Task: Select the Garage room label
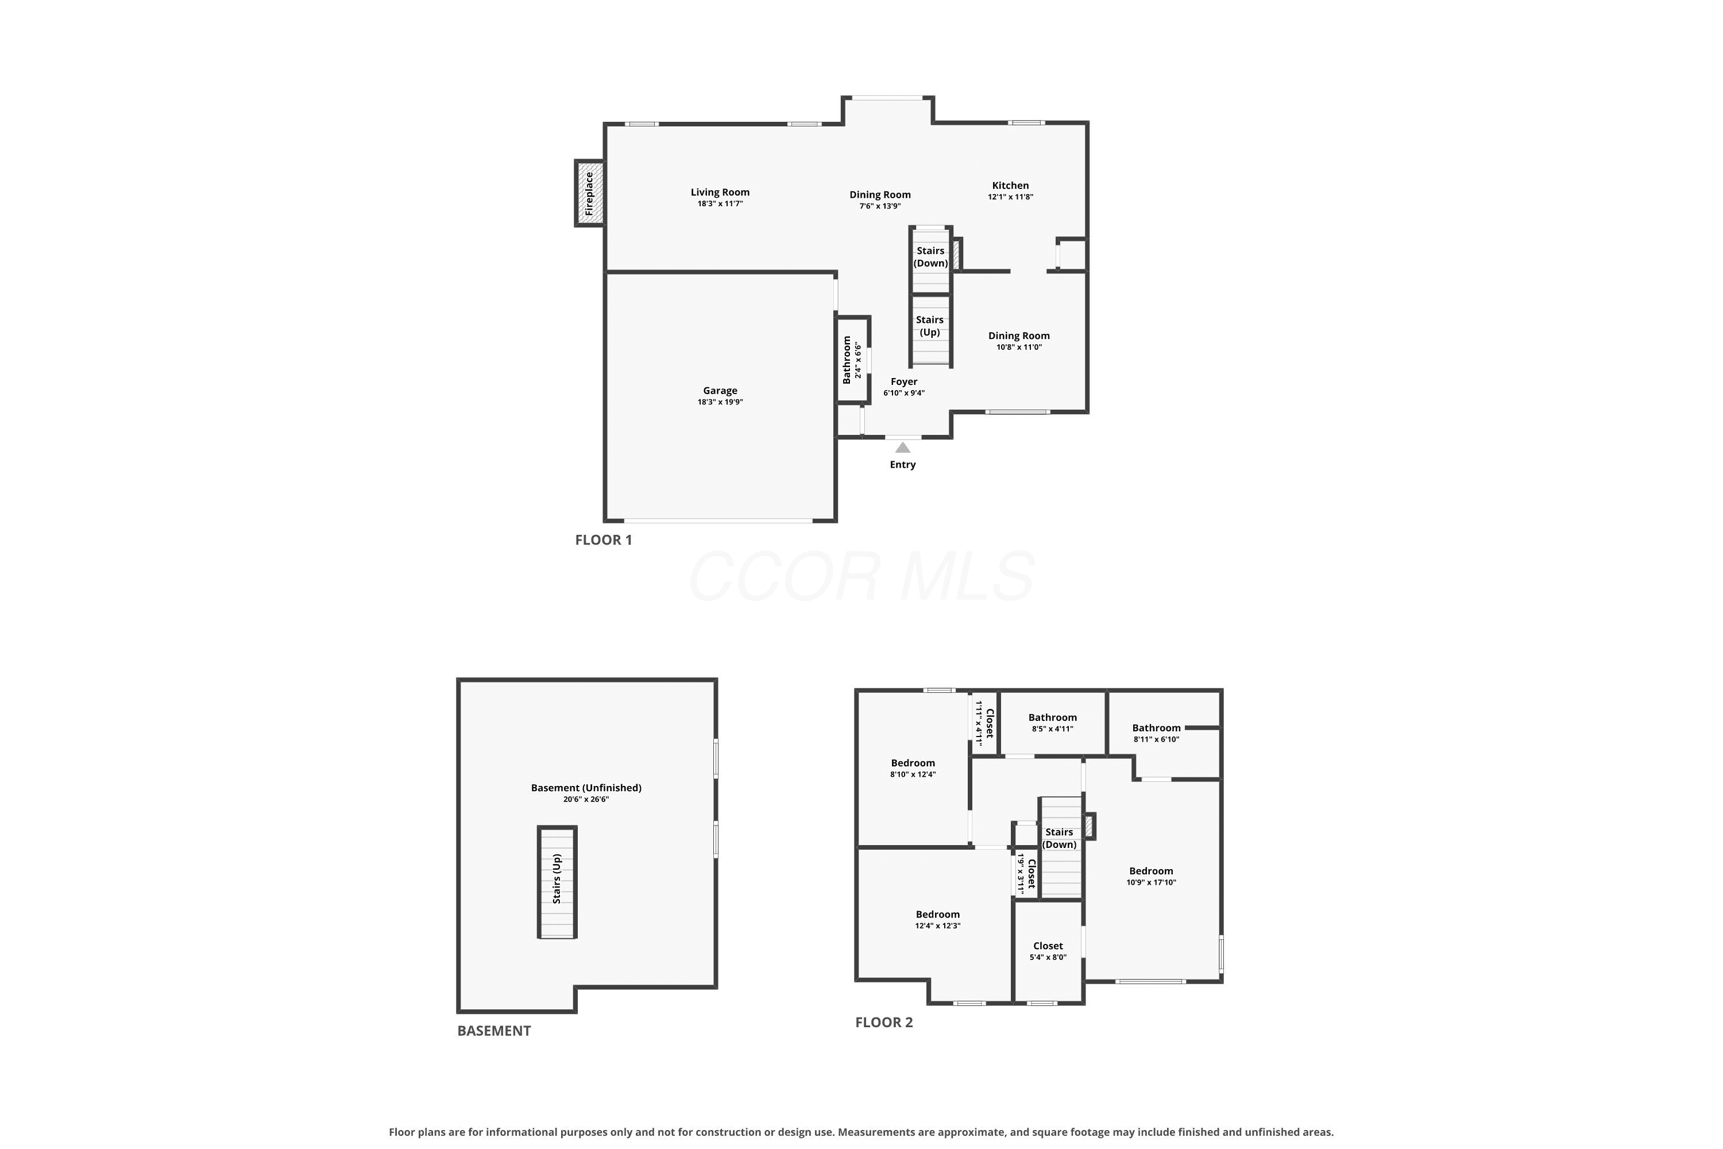[720, 391]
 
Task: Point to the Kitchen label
[1010, 186]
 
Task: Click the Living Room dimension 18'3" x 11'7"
[720, 204]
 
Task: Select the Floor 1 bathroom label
[847, 360]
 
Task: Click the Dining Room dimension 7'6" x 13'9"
[880, 206]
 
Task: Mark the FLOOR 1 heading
[604, 540]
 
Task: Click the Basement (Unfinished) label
[586, 788]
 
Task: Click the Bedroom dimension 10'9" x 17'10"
[1152, 882]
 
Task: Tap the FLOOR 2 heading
[884, 1022]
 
